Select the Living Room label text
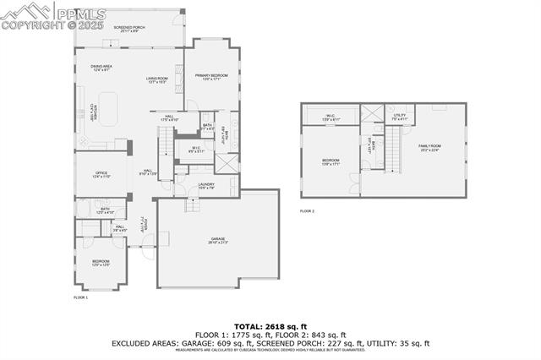tap(158, 80)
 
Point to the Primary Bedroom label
tap(212, 77)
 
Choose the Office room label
tap(101, 175)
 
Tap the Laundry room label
tap(206, 186)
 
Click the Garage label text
tap(217, 241)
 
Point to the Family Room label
tap(429, 148)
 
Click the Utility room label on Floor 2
tap(399, 117)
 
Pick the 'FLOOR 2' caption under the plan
tap(308, 210)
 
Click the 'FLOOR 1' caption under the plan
tap(81, 297)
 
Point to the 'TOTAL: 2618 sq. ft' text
tap(270, 325)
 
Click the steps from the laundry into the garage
tap(193, 204)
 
